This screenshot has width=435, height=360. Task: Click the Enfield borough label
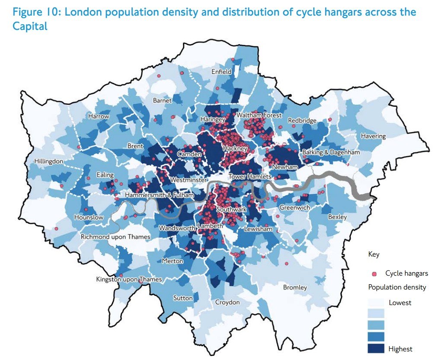tap(221, 72)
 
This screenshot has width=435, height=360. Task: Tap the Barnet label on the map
tap(162, 100)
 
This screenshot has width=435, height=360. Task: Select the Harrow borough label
tap(99, 116)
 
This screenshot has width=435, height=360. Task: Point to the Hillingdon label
tap(49, 161)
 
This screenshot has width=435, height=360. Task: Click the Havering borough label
tap(373, 136)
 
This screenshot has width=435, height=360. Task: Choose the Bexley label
tap(337, 216)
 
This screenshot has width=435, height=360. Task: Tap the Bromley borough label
tap(295, 287)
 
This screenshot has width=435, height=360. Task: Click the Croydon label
tap(227, 302)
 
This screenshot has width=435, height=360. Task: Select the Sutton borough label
tap(182, 298)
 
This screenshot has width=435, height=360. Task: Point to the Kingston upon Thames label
tap(129, 280)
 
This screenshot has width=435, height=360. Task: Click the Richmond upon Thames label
tap(115, 237)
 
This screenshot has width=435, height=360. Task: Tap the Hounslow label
tap(89, 217)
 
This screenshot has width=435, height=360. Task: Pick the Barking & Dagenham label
tap(331, 152)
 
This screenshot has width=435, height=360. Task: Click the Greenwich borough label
tap(294, 208)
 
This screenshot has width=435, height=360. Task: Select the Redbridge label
tap(302, 120)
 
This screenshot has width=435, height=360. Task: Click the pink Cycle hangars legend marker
tap(374, 273)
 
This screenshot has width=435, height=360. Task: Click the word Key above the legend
tap(373, 254)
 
